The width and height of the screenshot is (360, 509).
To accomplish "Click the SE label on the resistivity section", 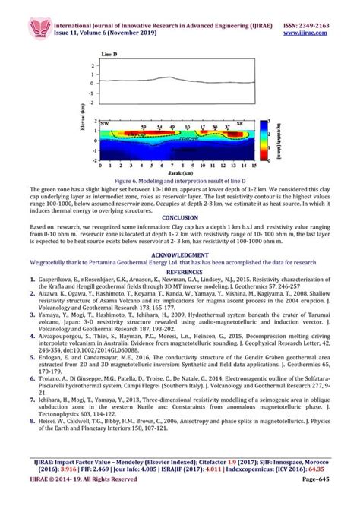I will coord(239,122).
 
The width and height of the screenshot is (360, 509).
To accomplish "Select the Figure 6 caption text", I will coord(179,180).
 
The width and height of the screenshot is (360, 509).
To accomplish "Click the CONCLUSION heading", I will coord(179,217).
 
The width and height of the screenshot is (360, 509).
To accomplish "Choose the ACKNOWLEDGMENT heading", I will coord(179,255).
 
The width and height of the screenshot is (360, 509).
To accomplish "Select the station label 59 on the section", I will coord(144,128).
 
